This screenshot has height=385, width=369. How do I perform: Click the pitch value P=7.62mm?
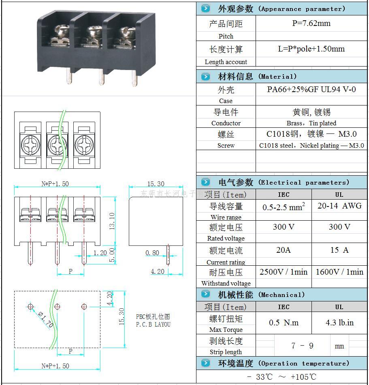(311, 24)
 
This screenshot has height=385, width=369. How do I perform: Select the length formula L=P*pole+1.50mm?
(311, 49)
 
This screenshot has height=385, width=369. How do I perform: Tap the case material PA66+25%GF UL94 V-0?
(311, 89)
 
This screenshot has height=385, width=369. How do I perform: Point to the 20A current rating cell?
(284, 250)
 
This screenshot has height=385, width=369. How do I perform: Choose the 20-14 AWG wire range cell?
(339, 206)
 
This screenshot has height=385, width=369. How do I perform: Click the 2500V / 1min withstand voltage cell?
(284, 272)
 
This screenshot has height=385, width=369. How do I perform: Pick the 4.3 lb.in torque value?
(339, 323)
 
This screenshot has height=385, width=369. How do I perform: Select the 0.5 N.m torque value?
(284, 323)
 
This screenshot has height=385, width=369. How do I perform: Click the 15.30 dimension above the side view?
(156, 184)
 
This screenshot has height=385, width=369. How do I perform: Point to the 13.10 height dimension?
(112, 221)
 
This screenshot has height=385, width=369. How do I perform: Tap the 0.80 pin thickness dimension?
(152, 253)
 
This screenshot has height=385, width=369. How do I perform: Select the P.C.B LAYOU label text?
(153, 325)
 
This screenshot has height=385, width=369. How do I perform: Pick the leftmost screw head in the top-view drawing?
(31, 143)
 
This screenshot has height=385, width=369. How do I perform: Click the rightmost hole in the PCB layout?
(84, 306)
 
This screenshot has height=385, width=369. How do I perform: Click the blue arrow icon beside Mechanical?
(206, 294)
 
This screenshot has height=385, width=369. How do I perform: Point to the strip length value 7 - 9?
(302, 346)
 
